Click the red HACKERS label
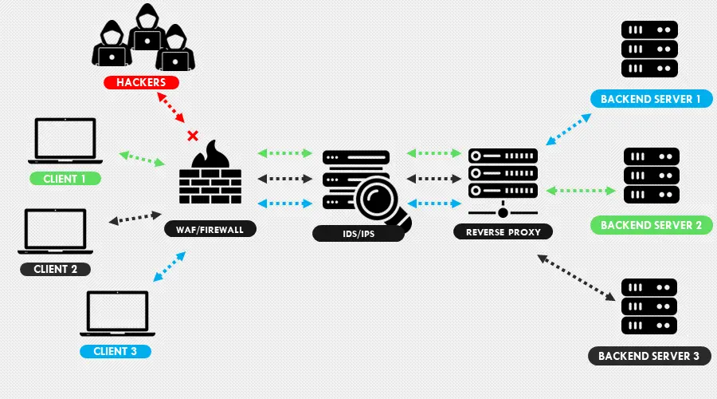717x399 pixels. click(x=140, y=82)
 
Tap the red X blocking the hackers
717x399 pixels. click(x=191, y=135)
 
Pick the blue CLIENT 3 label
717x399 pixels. click(x=115, y=350)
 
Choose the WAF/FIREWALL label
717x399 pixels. click(x=210, y=229)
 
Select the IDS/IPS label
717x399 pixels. click(x=358, y=234)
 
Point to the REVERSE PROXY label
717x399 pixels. click(x=503, y=232)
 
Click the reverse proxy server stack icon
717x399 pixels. click(x=502, y=174)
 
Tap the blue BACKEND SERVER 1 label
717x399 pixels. click(x=650, y=99)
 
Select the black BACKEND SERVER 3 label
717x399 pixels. click(x=648, y=355)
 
